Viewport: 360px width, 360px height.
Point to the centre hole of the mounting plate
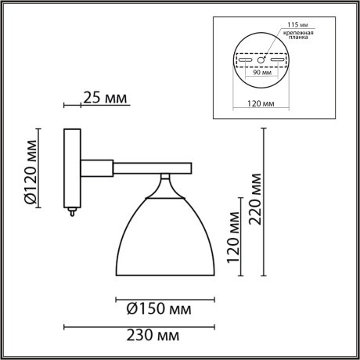click(x=264, y=59)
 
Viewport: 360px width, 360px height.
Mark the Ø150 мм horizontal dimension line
click(x=164, y=297)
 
